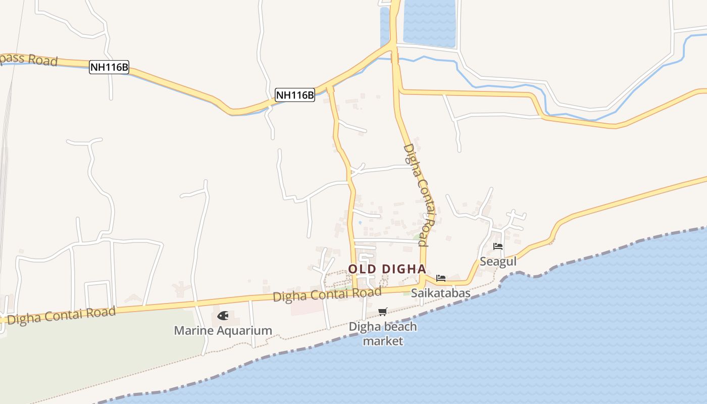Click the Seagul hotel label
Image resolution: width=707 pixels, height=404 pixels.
click(x=498, y=262)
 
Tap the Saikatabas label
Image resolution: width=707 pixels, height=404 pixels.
click(x=440, y=293)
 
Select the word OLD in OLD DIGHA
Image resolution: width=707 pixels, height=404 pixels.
click(x=362, y=269)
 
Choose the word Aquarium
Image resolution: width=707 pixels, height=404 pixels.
click(x=246, y=331)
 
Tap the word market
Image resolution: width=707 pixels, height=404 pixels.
click(x=383, y=341)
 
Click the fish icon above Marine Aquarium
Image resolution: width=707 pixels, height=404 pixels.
click(x=223, y=316)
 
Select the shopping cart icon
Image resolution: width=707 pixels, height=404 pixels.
click(x=382, y=312)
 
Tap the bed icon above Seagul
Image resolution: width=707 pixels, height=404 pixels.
click(x=498, y=246)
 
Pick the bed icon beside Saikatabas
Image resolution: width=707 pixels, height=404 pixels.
click(x=441, y=278)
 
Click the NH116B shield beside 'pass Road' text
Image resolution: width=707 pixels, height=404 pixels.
click(x=109, y=67)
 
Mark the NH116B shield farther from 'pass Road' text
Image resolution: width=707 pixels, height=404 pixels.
click(x=295, y=94)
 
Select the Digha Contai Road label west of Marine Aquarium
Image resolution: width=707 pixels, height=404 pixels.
click(x=61, y=316)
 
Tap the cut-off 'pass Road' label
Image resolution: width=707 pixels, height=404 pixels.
click(x=28, y=59)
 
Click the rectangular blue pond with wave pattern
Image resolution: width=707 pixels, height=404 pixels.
click(x=429, y=23)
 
